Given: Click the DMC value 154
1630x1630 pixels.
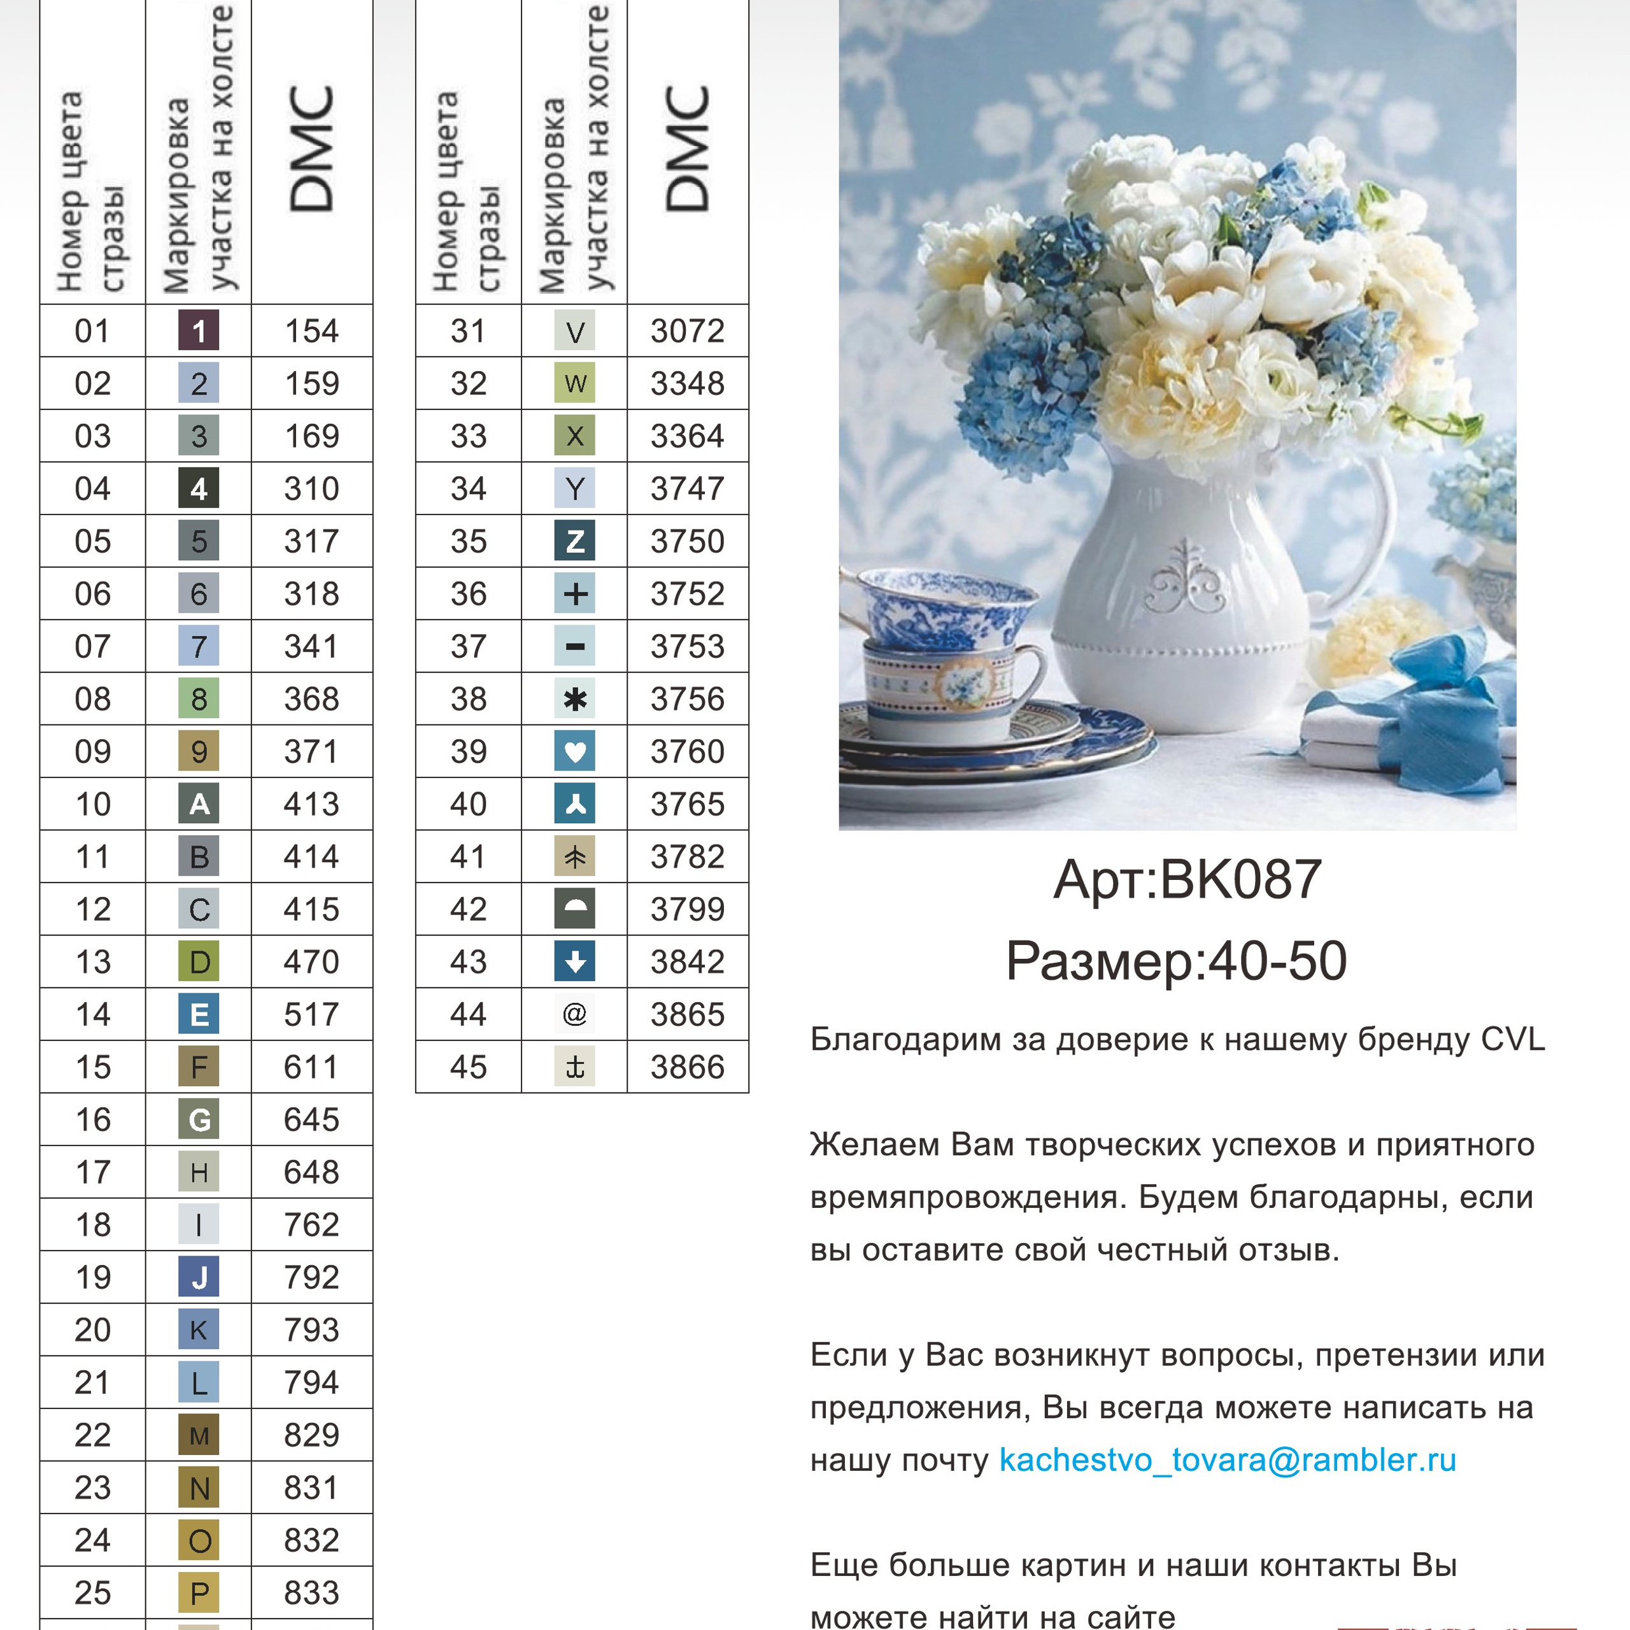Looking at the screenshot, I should pyautogui.click(x=311, y=330).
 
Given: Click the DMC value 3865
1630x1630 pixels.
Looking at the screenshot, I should pyautogui.click(x=687, y=1014).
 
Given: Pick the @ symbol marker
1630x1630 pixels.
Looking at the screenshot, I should pyautogui.click(x=574, y=1014).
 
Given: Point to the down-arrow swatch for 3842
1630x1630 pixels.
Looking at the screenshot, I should pyautogui.click(x=574, y=962).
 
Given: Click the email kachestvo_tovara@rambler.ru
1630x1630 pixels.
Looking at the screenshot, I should pyautogui.click(x=1228, y=1459).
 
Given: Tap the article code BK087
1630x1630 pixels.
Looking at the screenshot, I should pyautogui.click(x=1240, y=879).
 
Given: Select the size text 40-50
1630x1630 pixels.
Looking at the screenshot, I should pyautogui.click(x=1277, y=961).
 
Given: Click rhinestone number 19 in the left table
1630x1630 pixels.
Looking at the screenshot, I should pyautogui.click(x=93, y=1277).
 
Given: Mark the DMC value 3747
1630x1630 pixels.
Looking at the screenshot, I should pyautogui.click(x=687, y=488).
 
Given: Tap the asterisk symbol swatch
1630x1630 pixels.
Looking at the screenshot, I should pyautogui.click(x=574, y=699).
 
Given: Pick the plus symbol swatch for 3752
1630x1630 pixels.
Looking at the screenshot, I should pyautogui.click(x=574, y=594).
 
